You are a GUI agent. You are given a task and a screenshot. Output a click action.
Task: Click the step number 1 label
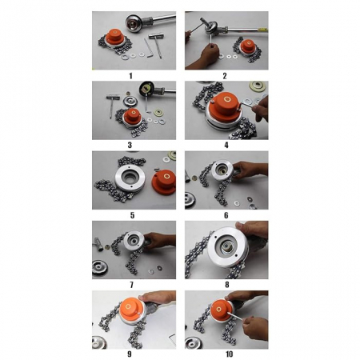tap(130, 76)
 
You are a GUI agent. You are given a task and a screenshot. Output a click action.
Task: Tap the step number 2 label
tap(225, 76)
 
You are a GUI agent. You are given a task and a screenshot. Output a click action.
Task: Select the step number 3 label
tap(130, 145)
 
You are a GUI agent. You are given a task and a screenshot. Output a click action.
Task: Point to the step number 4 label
tap(226, 145)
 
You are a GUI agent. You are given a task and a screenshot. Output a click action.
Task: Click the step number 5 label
tap(132, 215)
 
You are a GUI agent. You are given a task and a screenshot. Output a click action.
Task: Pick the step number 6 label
tap(226, 215)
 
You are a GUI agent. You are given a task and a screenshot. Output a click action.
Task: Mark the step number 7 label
tap(131, 285)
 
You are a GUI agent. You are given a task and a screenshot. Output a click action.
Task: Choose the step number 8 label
tap(227, 285)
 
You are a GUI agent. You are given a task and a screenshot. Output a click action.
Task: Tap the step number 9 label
tap(130, 354)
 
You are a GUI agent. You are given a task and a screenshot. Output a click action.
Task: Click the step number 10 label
tap(230, 354)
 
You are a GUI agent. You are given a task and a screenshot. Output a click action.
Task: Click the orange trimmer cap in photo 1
tap(115, 38)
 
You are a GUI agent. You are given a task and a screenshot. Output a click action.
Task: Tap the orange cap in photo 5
tap(164, 182)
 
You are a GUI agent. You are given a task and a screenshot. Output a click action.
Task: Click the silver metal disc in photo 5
tap(130, 178)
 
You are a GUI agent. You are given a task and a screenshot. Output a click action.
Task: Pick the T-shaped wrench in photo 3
tap(112, 105)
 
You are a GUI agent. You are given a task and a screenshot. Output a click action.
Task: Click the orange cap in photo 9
tap(130, 310)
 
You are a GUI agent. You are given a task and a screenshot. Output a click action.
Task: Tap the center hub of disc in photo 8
tap(227, 246)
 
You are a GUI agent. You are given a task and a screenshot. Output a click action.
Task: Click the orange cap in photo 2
tap(248, 46)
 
